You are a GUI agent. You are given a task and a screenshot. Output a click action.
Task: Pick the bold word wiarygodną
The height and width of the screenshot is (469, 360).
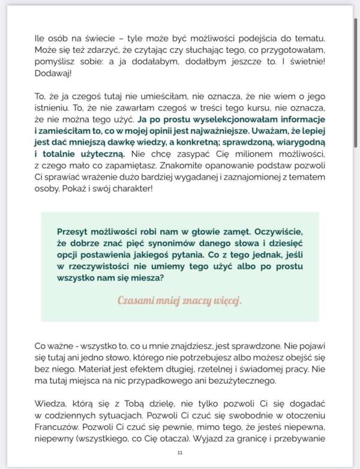tap(295, 150)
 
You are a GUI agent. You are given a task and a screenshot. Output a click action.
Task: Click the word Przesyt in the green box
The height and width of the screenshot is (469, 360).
tap(74, 232)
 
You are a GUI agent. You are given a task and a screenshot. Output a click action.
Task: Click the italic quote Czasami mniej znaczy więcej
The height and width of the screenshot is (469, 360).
tap(180, 300)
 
